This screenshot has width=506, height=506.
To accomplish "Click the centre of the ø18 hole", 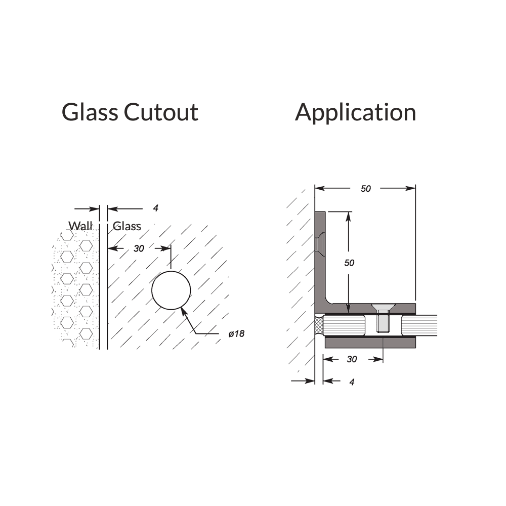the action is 171,290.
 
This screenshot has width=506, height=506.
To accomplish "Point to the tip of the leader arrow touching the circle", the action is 182,308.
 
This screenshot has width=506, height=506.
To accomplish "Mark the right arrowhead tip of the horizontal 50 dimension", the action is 415,188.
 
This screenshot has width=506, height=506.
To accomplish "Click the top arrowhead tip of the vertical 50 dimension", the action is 348,213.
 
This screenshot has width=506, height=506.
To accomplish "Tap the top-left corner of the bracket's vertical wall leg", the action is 315,212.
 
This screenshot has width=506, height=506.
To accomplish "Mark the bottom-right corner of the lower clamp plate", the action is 415,348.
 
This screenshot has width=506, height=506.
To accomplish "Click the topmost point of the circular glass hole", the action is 171,271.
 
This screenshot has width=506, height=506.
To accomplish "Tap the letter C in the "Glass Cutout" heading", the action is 133,112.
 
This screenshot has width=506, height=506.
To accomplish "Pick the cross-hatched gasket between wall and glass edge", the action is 319,326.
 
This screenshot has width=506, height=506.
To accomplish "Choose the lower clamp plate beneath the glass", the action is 370,343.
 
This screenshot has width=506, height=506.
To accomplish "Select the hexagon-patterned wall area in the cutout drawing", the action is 75,287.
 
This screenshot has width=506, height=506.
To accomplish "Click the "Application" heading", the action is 355,113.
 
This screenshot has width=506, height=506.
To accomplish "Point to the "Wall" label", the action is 80,226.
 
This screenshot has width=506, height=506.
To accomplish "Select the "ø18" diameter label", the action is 236,333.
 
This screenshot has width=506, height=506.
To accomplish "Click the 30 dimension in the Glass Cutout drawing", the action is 139,248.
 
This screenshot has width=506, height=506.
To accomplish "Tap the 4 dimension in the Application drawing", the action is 352,382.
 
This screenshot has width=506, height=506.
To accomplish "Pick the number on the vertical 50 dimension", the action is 349,263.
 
